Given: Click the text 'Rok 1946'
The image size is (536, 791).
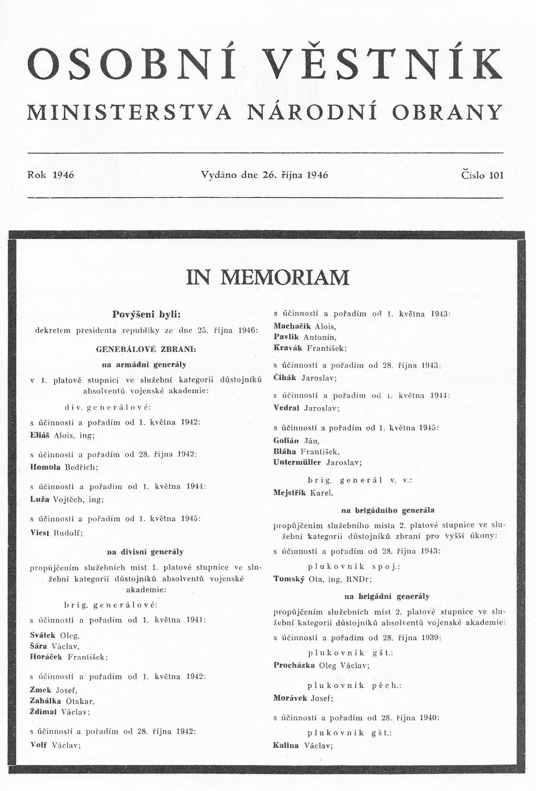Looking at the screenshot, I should click(x=51, y=175).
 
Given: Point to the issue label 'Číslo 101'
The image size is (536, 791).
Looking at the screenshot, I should click(x=482, y=175).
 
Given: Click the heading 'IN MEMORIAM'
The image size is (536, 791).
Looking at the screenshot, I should click(x=267, y=277).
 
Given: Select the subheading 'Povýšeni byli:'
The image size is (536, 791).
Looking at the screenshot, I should click(x=146, y=314).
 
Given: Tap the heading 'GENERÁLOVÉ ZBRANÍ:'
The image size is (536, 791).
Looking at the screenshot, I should click(x=146, y=349).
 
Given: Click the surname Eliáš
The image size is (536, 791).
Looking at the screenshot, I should click(x=40, y=435).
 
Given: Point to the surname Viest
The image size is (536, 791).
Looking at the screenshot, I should click(x=40, y=532).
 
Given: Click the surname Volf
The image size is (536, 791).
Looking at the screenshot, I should click(x=38, y=745).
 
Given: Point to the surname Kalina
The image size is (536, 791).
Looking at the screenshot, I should click(x=286, y=745).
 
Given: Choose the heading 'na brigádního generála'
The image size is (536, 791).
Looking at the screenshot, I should click(x=388, y=510).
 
